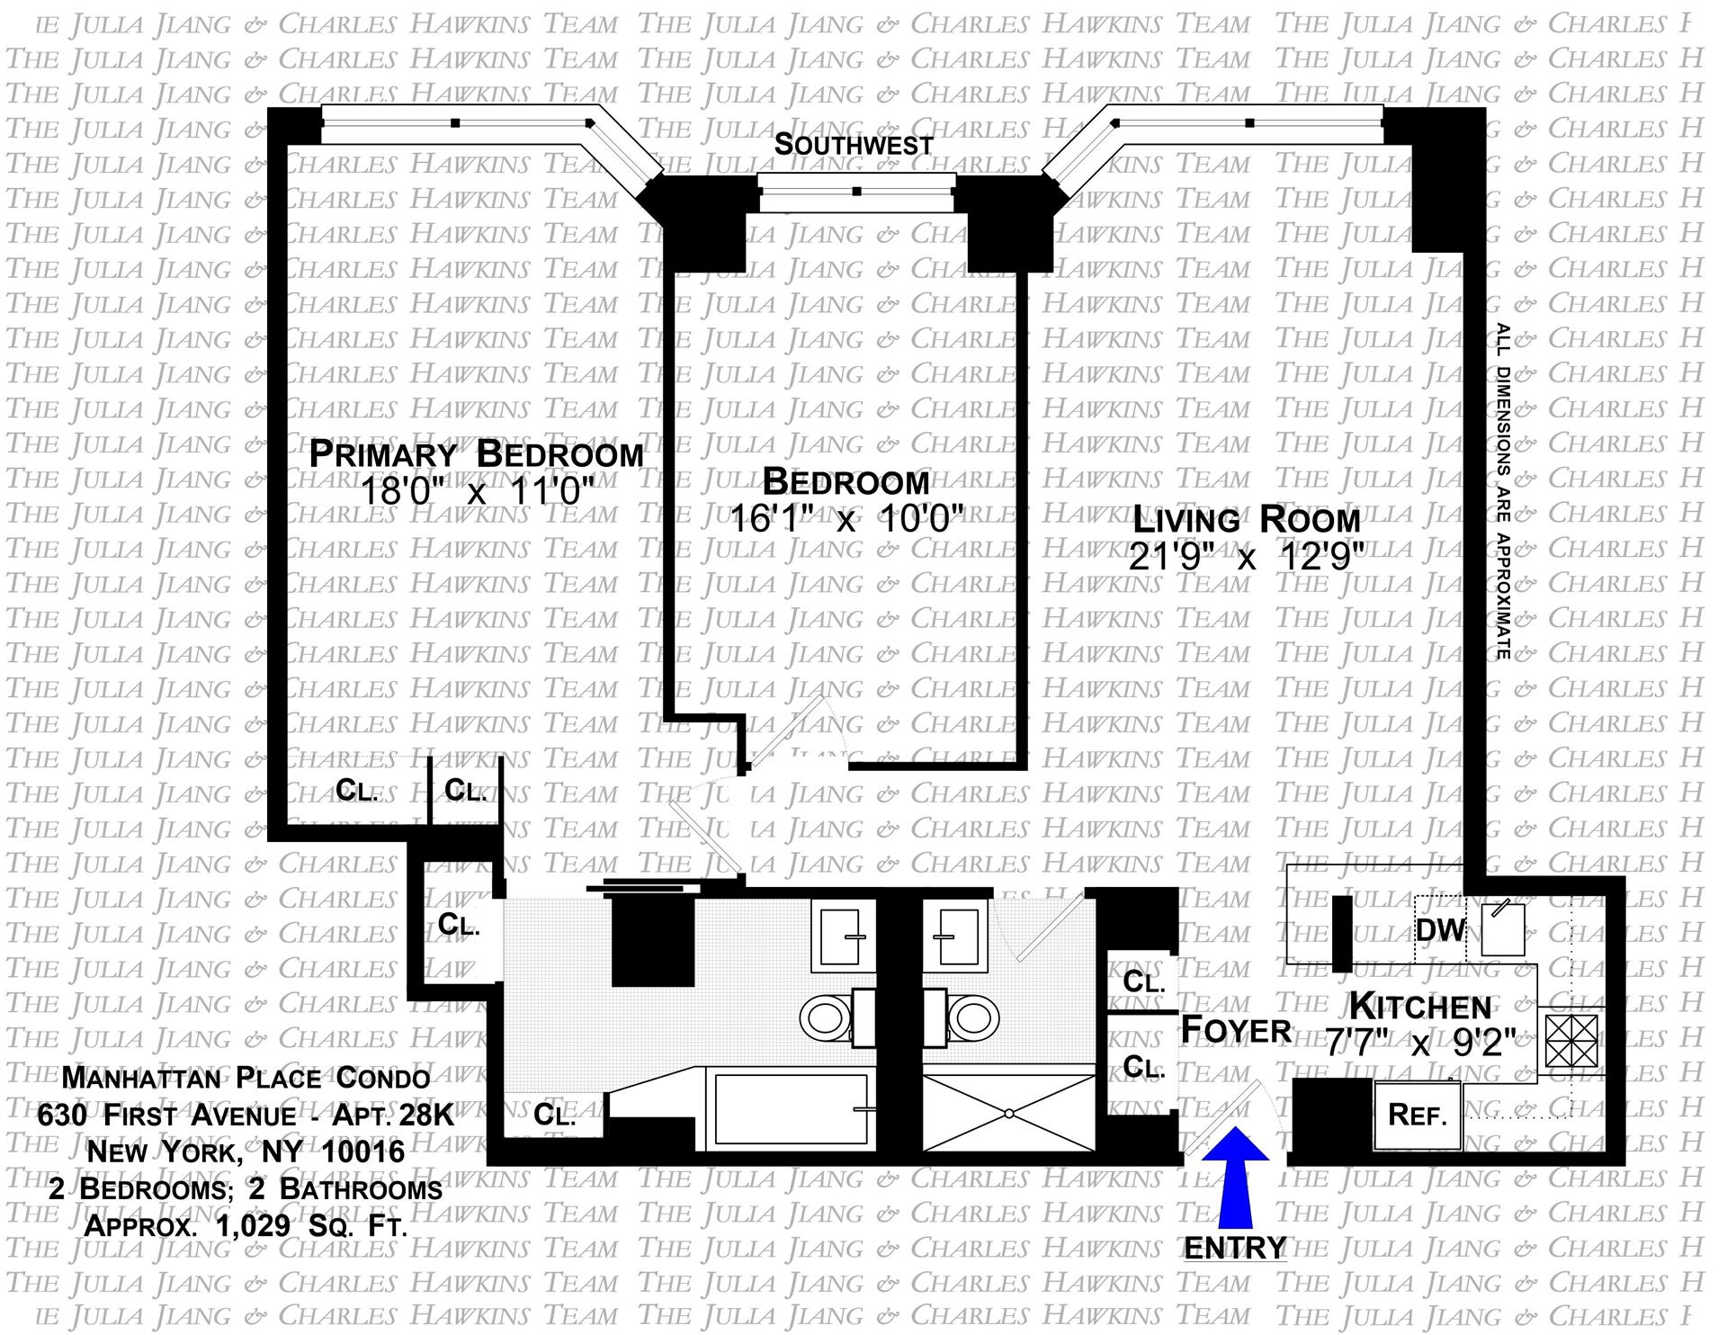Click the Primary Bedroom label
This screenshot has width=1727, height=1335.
click(x=476, y=453)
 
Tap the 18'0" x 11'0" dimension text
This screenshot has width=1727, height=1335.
click(x=476, y=492)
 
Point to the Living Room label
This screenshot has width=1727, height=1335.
click(x=1246, y=520)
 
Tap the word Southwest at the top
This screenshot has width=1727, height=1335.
click(x=854, y=144)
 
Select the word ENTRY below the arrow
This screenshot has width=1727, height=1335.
click(x=1235, y=1248)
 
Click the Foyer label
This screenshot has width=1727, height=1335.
click(x=1235, y=1029)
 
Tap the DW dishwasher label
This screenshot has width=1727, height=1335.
click(x=1440, y=929)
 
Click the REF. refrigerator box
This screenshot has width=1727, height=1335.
click(x=1418, y=1115)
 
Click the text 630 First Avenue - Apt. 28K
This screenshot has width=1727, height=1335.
click(x=246, y=1116)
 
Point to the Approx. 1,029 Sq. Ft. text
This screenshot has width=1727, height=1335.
click(x=246, y=1224)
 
